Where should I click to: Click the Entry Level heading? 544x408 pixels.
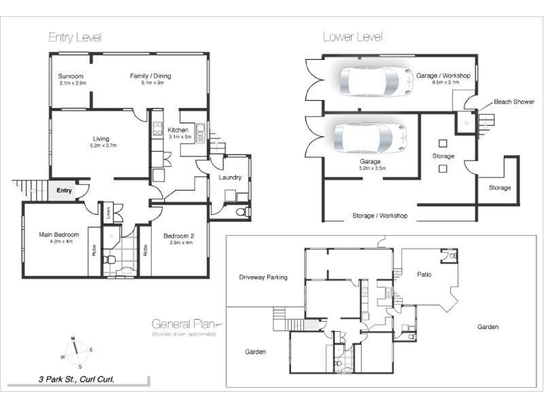75,37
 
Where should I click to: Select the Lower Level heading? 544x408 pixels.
352,37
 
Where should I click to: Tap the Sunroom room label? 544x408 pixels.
71,76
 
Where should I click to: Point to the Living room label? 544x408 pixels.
101,139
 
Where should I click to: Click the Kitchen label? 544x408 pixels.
178,130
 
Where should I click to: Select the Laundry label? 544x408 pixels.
230,177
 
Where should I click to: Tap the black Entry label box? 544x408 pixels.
64,190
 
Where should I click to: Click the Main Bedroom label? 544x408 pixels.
58,235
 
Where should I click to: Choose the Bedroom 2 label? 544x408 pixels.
180,236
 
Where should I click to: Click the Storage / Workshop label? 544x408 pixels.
379,216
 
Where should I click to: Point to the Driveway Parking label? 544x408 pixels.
263,277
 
